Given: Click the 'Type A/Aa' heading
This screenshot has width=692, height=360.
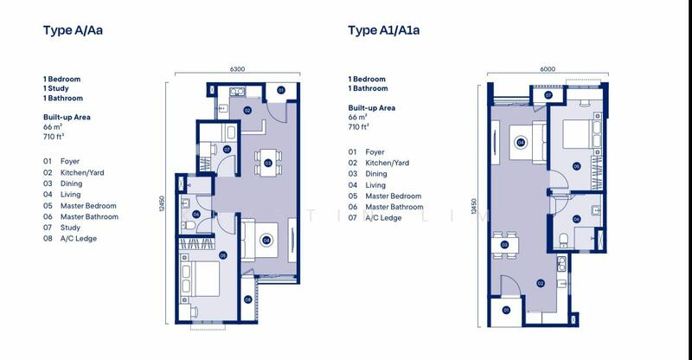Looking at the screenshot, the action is pyautogui.click(x=73, y=30).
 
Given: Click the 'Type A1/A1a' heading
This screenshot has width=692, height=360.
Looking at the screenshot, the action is pyautogui.click(x=383, y=30).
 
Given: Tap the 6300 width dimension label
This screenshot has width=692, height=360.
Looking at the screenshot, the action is pyautogui.click(x=237, y=69).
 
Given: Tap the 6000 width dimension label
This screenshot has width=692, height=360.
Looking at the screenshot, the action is pyautogui.click(x=548, y=69).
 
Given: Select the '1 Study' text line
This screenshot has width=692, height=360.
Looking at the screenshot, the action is pyautogui.click(x=56, y=88).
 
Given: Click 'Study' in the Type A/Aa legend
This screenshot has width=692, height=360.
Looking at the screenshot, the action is pyautogui.click(x=70, y=228).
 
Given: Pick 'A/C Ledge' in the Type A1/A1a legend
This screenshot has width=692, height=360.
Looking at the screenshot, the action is pyautogui.click(x=383, y=218).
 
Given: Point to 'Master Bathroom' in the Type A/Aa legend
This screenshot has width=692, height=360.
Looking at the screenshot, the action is pyautogui.click(x=89, y=216).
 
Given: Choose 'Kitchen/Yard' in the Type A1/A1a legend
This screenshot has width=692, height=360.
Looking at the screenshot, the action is pyautogui.click(x=387, y=163).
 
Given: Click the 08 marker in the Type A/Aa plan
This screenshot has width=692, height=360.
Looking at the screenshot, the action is pyautogui.click(x=247, y=300).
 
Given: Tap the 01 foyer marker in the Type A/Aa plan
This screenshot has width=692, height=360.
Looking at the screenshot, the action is pyautogui.click(x=281, y=90).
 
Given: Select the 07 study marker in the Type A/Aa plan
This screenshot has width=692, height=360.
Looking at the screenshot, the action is pyautogui.click(x=227, y=150).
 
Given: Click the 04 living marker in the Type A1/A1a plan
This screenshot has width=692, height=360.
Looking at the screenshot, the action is pyautogui.click(x=521, y=142).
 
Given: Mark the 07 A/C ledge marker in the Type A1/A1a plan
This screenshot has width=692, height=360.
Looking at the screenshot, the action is pyautogui.click(x=548, y=95).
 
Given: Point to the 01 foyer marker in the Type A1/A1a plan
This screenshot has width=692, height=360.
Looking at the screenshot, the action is pyautogui.click(x=506, y=310).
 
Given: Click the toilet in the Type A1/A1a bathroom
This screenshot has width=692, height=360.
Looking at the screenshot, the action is pyautogui.click(x=564, y=241).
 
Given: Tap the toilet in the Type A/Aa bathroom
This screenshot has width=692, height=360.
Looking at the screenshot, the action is pyautogui.click(x=189, y=226).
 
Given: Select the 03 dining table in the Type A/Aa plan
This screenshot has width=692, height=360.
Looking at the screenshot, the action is pyautogui.click(x=268, y=163).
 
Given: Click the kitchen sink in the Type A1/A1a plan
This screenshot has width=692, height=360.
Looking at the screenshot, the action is pyautogui.click(x=561, y=265).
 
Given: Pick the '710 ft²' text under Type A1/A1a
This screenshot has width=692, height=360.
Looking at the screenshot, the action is pyautogui.click(x=358, y=126).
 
